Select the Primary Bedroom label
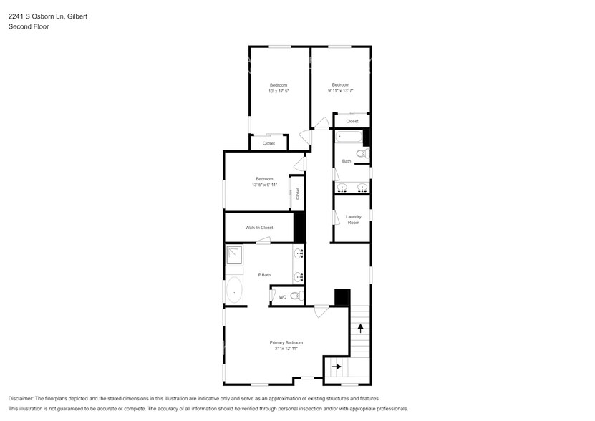pos(286,342)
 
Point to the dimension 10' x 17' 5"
pos(279,91)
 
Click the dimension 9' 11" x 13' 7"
pos(340,91)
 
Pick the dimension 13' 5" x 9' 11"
pos(264,185)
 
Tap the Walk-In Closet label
pos(259,228)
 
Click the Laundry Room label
pos(353,219)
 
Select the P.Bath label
pos(264,275)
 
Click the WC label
pos(282,296)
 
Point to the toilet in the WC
pos(296,296)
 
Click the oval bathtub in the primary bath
pos(234,291)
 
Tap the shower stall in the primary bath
pos(235,256)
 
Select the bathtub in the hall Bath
pos(349,137)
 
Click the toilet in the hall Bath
pos(362,153)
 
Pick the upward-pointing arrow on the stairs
pos(360,329)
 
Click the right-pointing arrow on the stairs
pos(337,367)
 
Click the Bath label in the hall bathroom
pos(347,161)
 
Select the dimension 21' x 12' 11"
pos(286,349)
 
